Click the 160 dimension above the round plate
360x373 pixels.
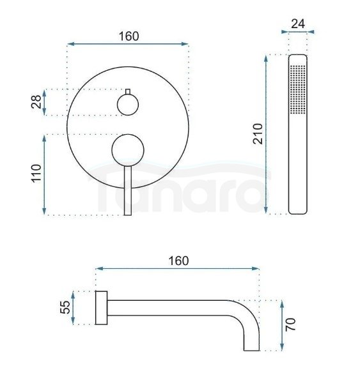click(x=129, y=36)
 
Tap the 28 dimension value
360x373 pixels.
click(x=36, y=102)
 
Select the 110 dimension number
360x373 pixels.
click(x=36, y=174)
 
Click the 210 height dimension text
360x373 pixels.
click(x=257, y=134)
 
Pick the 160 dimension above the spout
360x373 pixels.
click(x=178, y=261)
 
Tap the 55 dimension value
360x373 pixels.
click(x=65, y=308)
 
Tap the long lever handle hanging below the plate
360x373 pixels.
click(x=129, y=192)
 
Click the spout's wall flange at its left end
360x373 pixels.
click(x=100, y=308)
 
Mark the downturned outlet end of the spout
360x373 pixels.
click(x=250, y=345)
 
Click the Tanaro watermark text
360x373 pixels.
click(x=179, y=189)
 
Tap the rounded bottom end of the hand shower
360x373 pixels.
click(x=298, y=209)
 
